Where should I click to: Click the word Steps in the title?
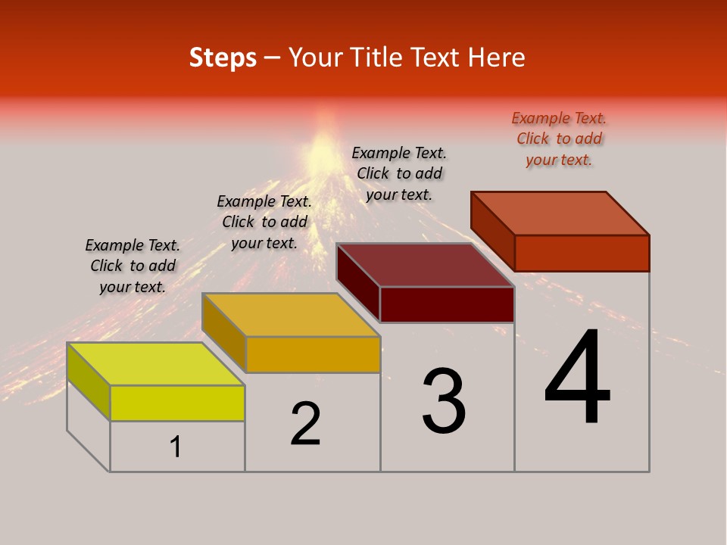point(223,58)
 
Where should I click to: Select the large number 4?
point(577,378)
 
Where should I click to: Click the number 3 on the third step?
point(444,401)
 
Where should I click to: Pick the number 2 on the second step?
point(305,424)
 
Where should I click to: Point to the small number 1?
point(176,447)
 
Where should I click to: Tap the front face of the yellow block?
point(177,403)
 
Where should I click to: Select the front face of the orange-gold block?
point(313,354)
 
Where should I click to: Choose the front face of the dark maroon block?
point(447,304)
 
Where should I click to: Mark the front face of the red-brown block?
point(582,253)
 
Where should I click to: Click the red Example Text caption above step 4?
point(559,139)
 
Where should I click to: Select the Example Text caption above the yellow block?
point(133,266)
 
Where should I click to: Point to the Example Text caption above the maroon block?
point(399,173)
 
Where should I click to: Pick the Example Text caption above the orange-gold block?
point(264,222)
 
